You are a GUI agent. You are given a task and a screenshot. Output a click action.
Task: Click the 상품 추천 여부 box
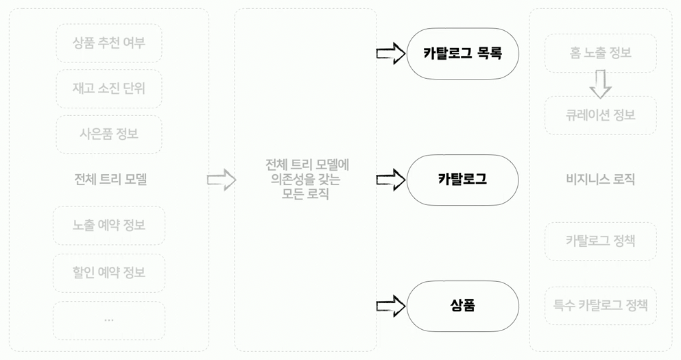click(x=109, y=43)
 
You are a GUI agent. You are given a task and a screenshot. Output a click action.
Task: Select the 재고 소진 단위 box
click(x=109, y=88)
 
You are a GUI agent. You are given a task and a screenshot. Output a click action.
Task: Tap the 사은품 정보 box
click(x=109, y=134)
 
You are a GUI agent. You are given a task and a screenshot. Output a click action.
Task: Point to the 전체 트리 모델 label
click(x=110, y=180)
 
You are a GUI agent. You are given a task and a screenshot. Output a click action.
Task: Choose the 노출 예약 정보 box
click(x=109, y=226)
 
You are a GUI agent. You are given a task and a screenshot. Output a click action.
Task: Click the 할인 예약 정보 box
click(x=109, y=273)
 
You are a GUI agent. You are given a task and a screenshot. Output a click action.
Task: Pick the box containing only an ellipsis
click(x=109, y=320)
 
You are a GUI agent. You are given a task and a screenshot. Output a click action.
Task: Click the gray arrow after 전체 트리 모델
click(x=221, y=180)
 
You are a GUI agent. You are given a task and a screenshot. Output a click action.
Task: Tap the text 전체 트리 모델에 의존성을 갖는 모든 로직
click(x=306, y=180)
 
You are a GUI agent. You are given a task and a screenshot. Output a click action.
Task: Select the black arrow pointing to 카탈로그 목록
click(x=391, y=53)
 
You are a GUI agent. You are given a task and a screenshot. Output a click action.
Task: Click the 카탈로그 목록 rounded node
click(x=462, y=53)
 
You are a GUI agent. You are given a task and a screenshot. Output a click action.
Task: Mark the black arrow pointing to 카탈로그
click(x=391, y=180)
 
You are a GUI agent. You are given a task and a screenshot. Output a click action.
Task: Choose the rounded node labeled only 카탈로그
click(x=462, y=180)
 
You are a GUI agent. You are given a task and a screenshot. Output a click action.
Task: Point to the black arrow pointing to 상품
click(x=391, y=306)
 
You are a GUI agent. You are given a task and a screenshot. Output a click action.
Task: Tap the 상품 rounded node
click(x=462, y=306)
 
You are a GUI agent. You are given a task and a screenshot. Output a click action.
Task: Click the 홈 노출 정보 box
click(x=600, y=53)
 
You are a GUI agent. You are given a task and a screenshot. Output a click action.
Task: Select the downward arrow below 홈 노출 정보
click(x=600, y=84)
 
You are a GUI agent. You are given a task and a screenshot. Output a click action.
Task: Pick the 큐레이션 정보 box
click(x=600, y=115)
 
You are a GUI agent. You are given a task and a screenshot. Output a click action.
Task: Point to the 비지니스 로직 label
click(x=600, y=180)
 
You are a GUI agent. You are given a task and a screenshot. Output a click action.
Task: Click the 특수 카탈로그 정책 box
click(x=600, y=304)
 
